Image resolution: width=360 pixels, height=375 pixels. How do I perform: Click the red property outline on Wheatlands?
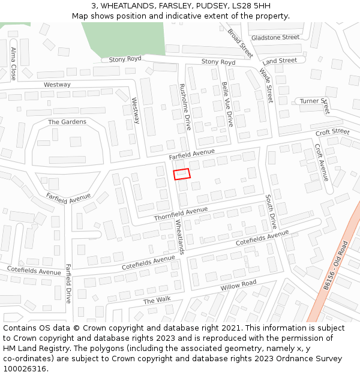click(182, 174)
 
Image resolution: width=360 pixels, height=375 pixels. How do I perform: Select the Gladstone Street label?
click(275, 37)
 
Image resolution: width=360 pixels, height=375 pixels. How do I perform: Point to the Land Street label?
click(280, 61)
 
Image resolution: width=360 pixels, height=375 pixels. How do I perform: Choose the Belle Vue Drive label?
click(227, 104)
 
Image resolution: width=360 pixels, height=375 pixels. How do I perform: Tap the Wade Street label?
click(266, 85)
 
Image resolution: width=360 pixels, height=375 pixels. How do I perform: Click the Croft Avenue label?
click(322, 162)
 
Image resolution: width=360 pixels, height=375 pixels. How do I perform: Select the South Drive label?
click(270, 211)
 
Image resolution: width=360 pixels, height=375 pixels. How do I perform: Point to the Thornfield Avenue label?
click(181, 214)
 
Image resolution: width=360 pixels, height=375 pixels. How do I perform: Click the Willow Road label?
click(238, 286)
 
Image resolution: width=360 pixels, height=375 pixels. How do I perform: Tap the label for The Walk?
click(157, 300)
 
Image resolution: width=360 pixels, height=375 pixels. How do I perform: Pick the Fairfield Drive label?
click(68, 283)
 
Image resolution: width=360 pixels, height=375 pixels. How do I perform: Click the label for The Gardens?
click(67, 122)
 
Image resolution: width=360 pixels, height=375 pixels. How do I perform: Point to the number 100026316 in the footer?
click(25, 368)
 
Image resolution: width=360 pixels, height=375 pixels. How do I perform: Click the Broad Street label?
click(240, 43)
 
